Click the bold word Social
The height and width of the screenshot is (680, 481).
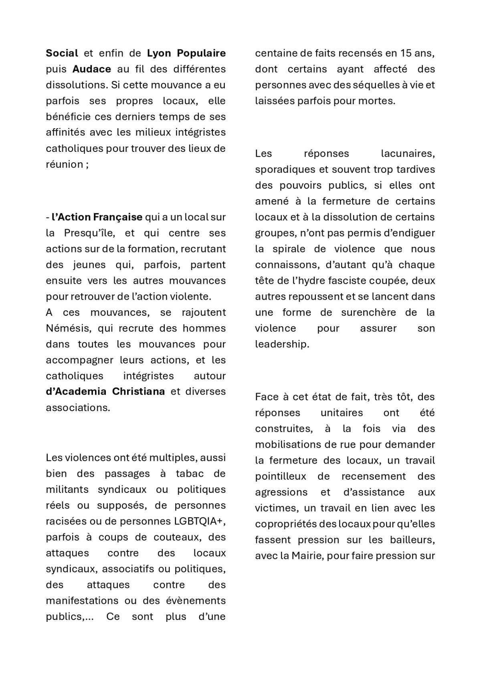pyautogui.click(x=62, y=53)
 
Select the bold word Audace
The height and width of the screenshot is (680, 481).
pyautogui.click(x=91, y=69)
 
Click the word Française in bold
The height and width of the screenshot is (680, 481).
pyautogui.click(x=117, y=217)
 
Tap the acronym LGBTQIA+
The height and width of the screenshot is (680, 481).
pyautogui.click(x=200, y=521)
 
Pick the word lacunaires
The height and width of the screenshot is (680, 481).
pyautogui.click(x=408, y=153)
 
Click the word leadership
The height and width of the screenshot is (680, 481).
pyautogui.click(x=282, y=344)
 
